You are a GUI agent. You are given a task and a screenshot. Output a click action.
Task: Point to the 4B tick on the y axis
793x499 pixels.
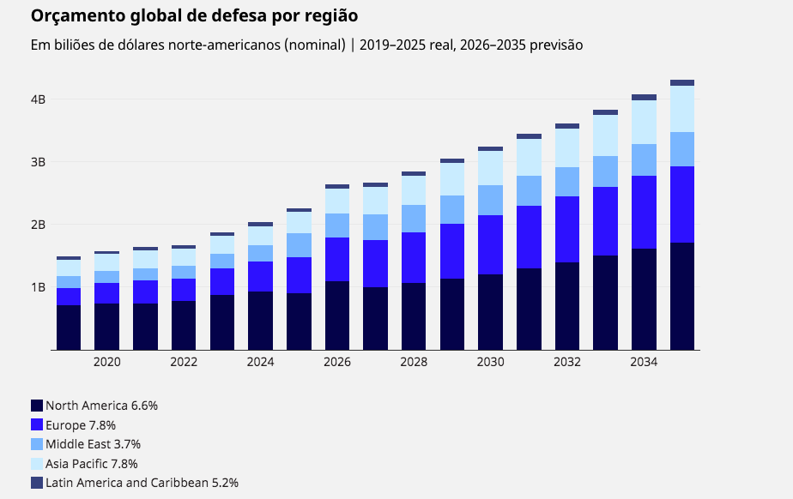[38, 99]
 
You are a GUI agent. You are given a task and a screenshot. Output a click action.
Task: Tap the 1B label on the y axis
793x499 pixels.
[38, 287]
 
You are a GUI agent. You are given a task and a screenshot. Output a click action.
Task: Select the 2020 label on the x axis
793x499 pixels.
[107, 363]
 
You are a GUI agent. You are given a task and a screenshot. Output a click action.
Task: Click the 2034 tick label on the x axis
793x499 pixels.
[644, 363]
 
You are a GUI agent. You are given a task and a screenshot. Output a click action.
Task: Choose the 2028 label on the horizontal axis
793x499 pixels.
[414, 363]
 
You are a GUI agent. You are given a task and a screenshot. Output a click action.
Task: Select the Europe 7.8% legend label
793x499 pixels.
[81, 425]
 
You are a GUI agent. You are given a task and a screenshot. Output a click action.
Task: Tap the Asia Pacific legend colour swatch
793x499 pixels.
[37, 464]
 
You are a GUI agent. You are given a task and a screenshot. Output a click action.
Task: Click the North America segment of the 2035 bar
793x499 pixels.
[682, 296]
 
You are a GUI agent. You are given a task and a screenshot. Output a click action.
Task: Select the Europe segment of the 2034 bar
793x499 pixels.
[644, 212]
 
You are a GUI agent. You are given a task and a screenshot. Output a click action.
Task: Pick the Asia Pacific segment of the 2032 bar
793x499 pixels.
[567, 147]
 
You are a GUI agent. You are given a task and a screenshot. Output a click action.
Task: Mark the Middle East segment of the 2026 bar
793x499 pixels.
[337, 225]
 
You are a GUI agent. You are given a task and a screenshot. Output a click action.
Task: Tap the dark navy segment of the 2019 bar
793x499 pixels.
[69, 327]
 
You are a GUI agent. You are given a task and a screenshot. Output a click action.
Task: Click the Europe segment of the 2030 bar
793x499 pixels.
[491, 244]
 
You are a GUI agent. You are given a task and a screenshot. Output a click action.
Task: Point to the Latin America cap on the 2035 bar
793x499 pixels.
[682, 83]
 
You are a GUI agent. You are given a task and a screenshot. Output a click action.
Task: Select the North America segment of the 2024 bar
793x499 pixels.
[260, 320]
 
